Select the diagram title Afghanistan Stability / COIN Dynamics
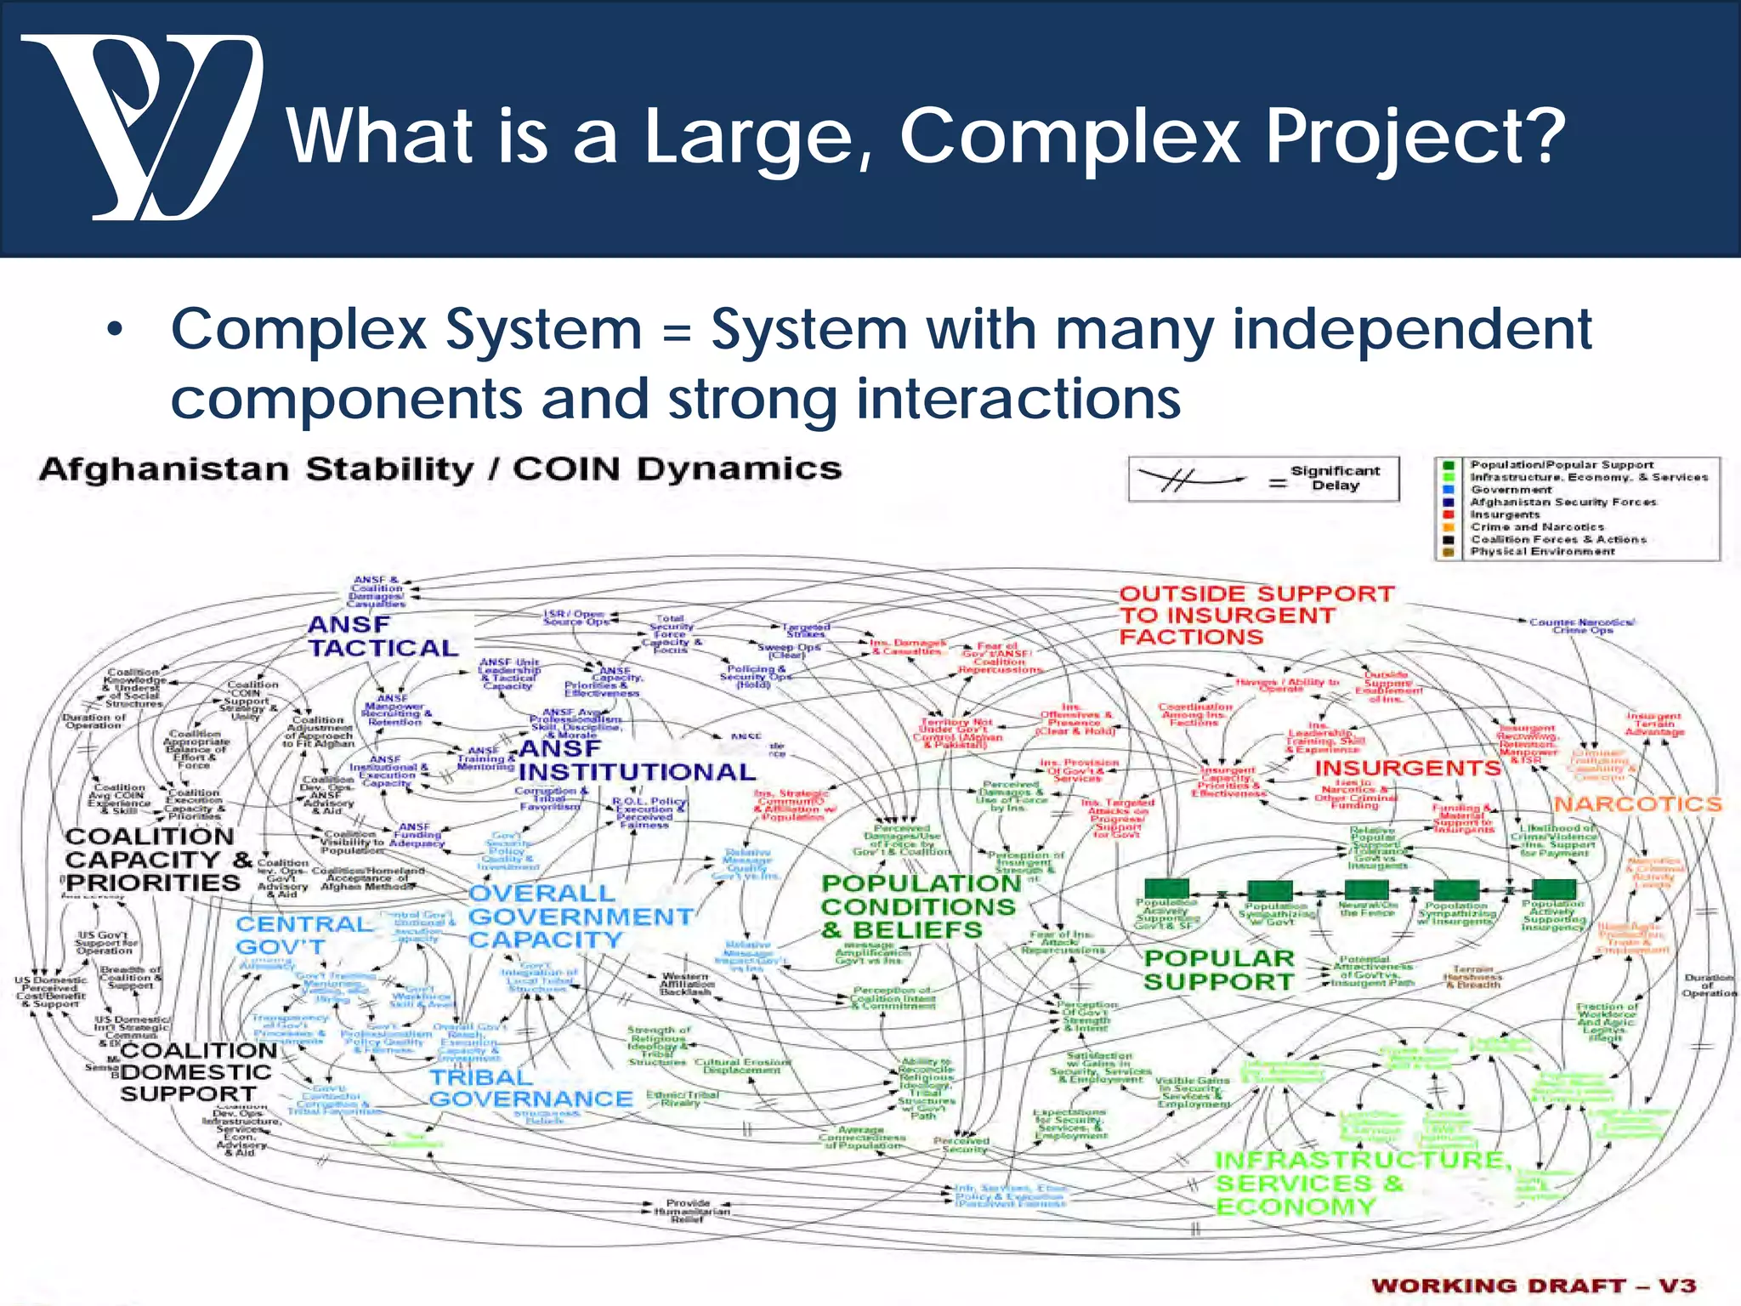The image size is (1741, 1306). coord(440,469)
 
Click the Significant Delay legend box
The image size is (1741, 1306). coord(1263,480)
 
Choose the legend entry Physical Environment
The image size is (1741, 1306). coord(1542,552)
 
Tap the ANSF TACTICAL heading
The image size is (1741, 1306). coord(383,636)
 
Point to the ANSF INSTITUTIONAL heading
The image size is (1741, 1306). coord(636,761)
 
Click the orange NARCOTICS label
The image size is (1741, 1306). coord(1637,804)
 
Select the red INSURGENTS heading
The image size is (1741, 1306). coord(1408,768)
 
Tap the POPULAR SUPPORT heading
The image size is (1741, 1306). coord(1219,969)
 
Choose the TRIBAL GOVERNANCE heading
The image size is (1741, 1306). coord(530,1088)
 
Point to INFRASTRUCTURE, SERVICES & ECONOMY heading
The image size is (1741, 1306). coord(1360,1183)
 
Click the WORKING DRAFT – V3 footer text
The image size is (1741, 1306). coord(1534,1285)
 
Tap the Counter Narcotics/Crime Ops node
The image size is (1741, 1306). coord(1581,626)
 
